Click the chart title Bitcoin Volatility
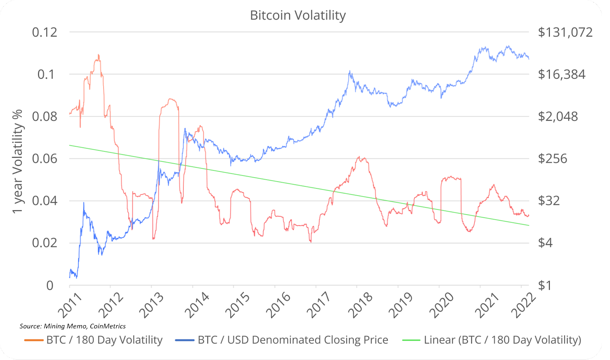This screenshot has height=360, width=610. [298, 15]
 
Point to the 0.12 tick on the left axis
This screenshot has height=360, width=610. [45, 32]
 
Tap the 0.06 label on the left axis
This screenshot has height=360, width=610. [45, 158]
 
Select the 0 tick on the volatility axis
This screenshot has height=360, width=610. [50, 285]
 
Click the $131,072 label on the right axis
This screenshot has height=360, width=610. [565, 32]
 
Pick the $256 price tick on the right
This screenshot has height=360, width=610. [552, 158]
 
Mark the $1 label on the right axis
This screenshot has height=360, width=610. [544, 285]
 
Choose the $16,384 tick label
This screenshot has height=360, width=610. [561, 74]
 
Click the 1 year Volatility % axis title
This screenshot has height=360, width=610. [18, 162]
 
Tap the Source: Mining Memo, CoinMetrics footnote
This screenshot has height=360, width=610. [72, 326]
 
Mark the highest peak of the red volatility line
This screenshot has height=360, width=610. [98, 55]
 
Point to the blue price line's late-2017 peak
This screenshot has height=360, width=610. [349, 71]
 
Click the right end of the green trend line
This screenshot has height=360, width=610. [528, 225]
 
